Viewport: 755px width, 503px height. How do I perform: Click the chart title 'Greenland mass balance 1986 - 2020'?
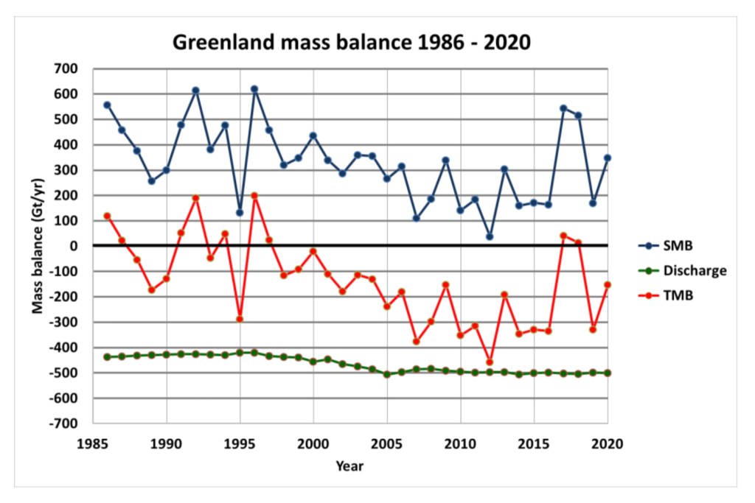pyautogui.click(x=351, y=42)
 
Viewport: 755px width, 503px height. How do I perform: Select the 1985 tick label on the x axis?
pyautogui.click(x=93, y=443)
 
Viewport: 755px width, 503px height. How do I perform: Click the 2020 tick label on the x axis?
pyautogui.click(x=608, y=443)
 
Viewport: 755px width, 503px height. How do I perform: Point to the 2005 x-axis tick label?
pyautogui.click(x=387, y=443)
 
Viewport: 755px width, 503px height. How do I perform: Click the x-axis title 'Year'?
pyautogui.click(x=349, y=465)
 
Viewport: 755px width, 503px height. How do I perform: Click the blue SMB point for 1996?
pyautogui.click(x=254, y=89)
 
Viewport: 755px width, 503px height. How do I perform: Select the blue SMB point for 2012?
pyautogui.click(x=490, y=236)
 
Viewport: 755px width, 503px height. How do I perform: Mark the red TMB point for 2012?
pyautogui.click(x=490, y=362)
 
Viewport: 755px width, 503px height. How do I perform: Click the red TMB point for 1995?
pyautogui.click(x=240, y=319)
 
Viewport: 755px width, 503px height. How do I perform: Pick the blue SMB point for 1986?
pyautogui.click(x=107, y=105)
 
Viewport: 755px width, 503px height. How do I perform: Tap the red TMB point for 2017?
pyautogui.click(x=563, y=236)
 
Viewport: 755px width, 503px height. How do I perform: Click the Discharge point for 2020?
pyautogui.click(x=608, y=373)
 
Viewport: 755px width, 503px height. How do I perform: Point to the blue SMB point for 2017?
pyautogui.click(x=563, y=108)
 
